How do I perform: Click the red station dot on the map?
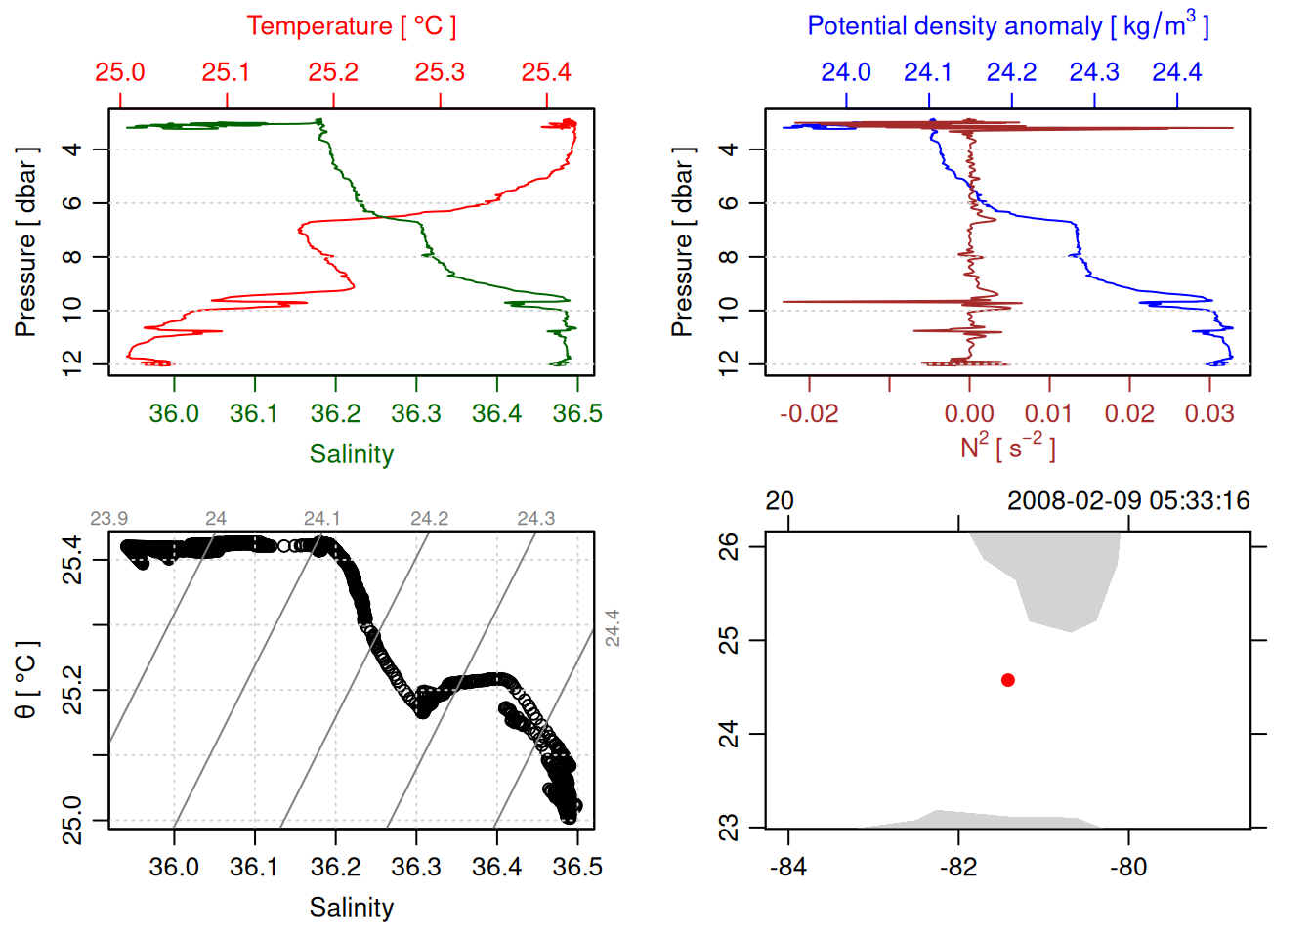[1008, 680]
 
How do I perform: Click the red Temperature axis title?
[351, 26]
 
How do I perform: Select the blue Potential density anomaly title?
[1007, 25]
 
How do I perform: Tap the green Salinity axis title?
[351, 454]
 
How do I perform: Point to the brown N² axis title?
[1007, 447]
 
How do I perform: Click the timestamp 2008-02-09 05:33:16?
[1128, 501]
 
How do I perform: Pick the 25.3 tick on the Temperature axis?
[440, 72]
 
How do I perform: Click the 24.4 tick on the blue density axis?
[1176, 72]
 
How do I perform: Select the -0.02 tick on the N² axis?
[809, 413]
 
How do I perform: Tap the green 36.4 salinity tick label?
[497, 413]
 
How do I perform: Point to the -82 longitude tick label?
[958, 867]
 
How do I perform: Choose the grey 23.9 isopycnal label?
[108, 519]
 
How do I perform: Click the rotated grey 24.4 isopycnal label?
[612, 627]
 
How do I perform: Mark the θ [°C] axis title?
[26, 679]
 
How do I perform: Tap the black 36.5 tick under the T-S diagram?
[577, 867]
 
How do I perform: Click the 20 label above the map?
[780, 501]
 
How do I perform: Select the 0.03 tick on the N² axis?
[1209, 413]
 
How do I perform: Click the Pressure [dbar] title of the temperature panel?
[26, 242]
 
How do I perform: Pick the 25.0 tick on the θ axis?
[72, 820]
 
